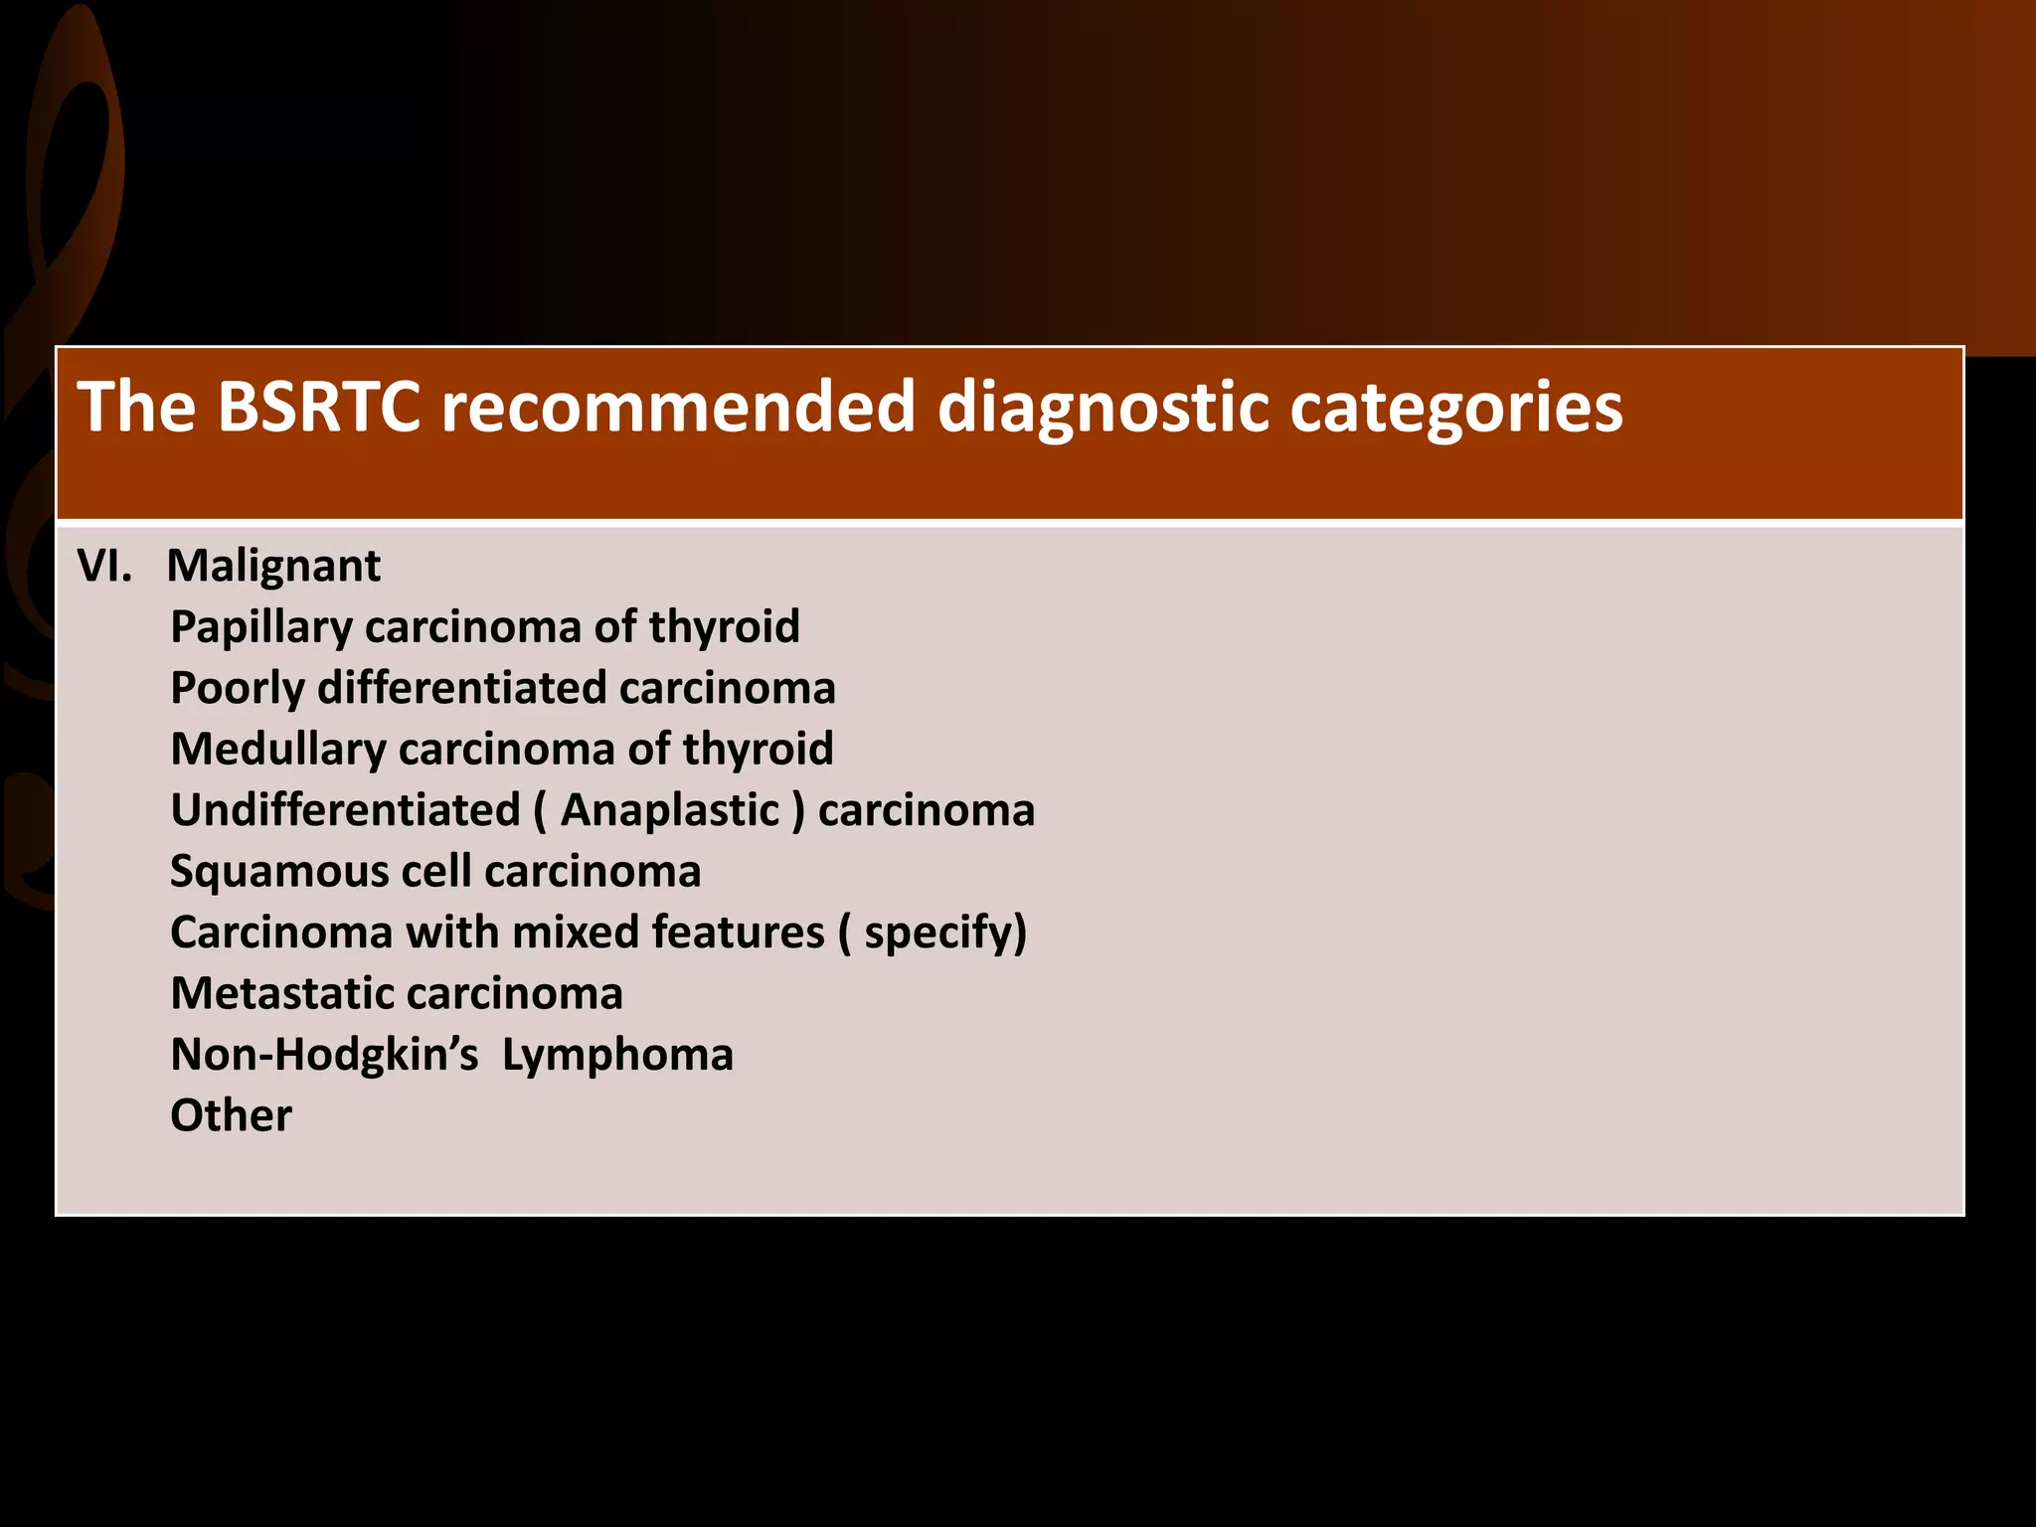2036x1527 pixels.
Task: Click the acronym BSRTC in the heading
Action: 318,407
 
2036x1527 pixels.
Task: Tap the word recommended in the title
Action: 676,407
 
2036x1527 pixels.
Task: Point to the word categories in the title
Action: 1455,407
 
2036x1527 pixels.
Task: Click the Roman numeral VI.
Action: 104,566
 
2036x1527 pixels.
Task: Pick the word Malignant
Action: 273,566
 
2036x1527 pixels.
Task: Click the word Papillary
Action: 260,627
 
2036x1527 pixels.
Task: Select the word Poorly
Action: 237,688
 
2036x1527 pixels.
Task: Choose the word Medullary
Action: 277,750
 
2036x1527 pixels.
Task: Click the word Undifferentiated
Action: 345,810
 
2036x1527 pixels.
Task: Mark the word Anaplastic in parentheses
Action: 670,810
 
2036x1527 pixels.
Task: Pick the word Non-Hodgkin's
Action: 325,1055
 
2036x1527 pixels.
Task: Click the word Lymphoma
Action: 617,1055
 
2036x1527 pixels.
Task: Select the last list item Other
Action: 231,1116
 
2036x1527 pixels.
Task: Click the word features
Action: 738,933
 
